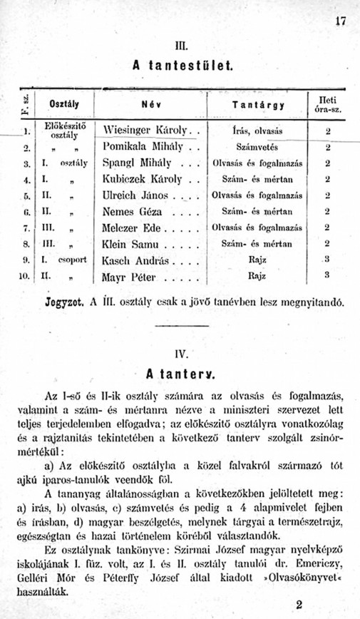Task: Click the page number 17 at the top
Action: pos(341,21)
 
